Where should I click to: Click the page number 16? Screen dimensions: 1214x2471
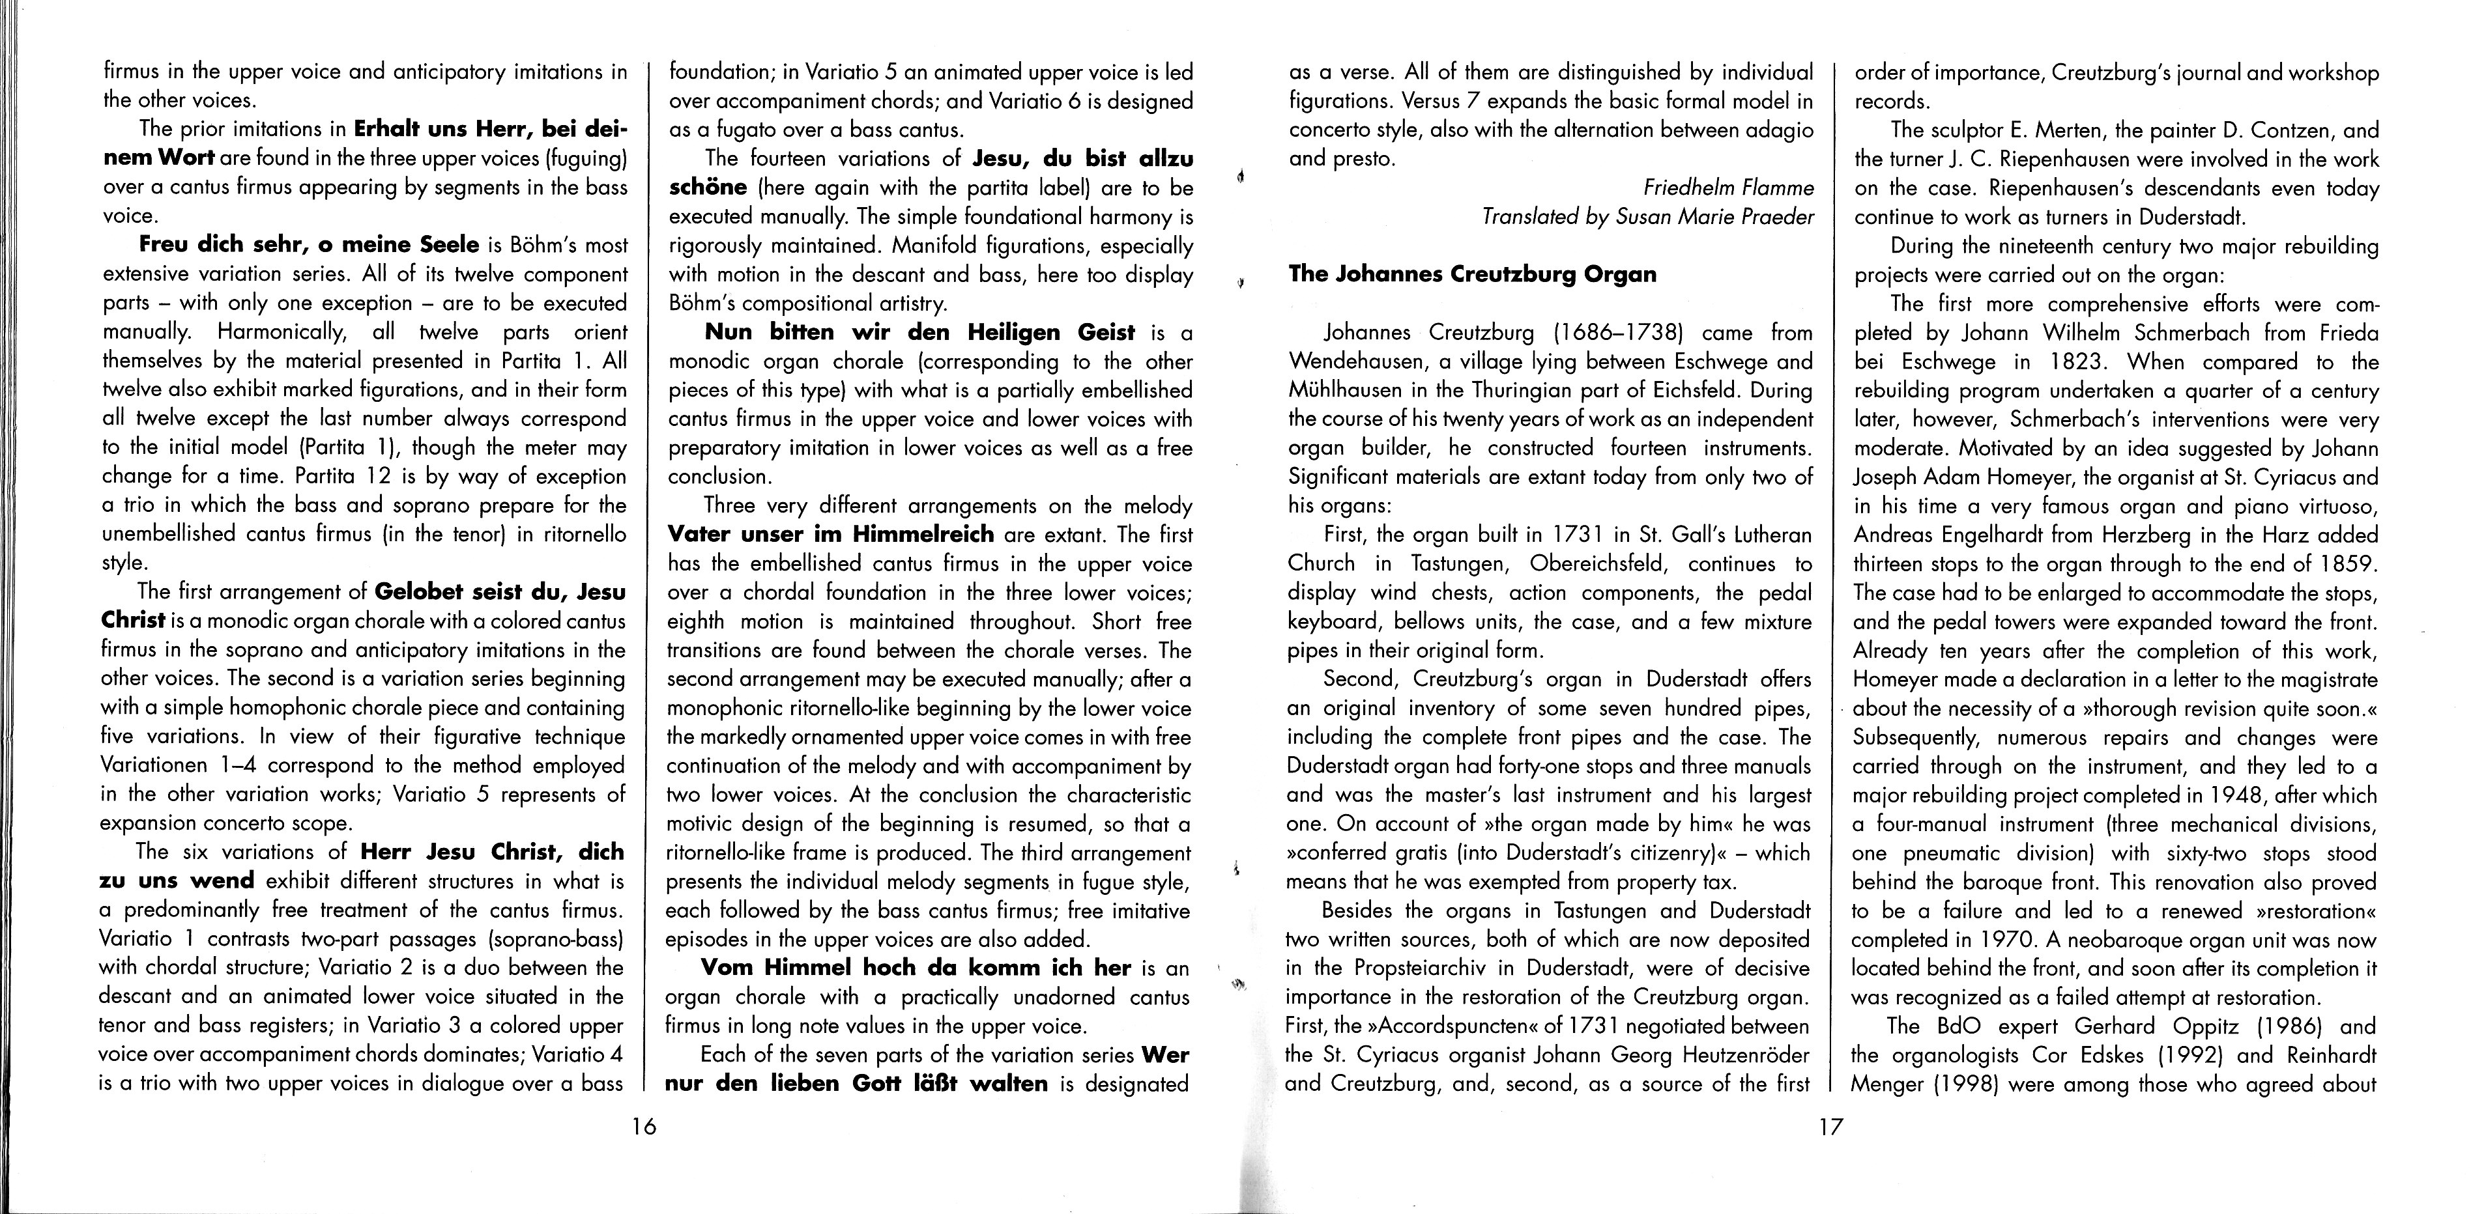[644, 1127]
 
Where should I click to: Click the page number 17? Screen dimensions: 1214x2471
[1830, 1127]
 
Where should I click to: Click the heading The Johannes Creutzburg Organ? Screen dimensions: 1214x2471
[1473, 274]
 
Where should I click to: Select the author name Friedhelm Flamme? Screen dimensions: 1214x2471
[1729, 187]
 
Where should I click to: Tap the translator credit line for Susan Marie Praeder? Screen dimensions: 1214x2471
[1647, 217]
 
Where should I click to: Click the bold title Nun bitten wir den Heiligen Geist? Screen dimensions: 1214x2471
[919, 333]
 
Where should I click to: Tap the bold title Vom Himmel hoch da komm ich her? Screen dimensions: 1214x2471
[916, 968]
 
